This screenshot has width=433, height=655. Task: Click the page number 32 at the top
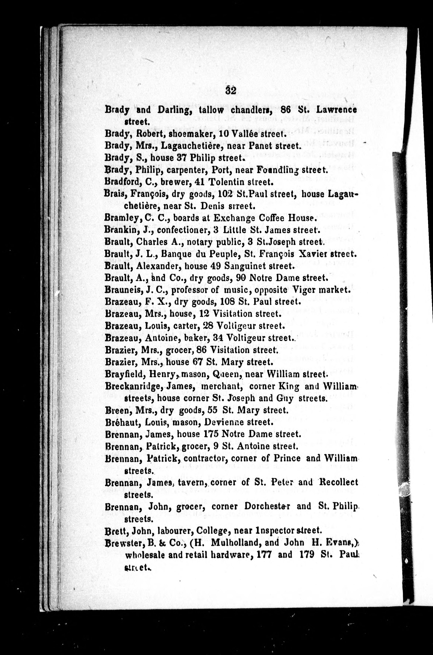pyautogui.click(x=230, y=91)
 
